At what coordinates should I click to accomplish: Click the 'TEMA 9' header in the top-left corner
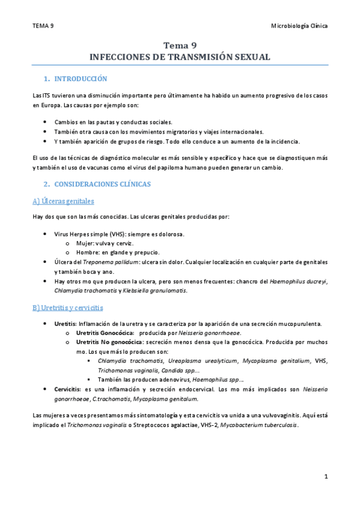coord(43,26)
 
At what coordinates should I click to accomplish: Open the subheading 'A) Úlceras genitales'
coord(63,201)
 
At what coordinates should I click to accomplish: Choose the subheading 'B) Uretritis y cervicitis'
coord(68,308)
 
